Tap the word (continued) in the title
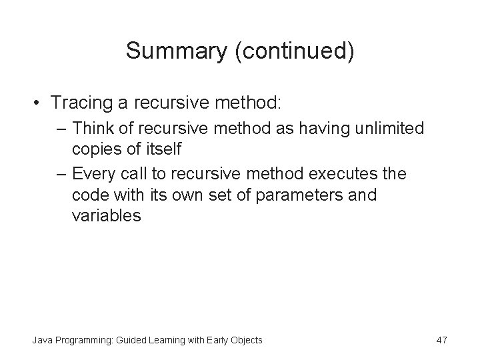(x=295, y=52)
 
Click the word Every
(x=93, y=174)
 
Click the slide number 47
(x=441, y=341)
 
